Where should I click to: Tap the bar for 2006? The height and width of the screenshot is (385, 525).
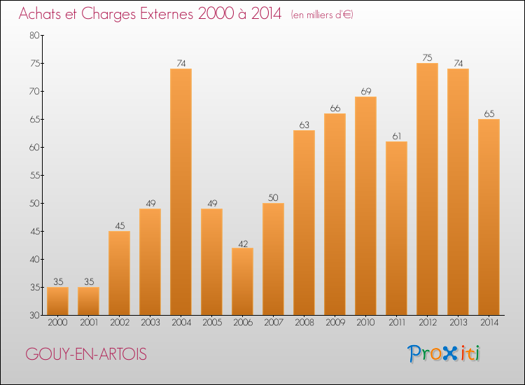click(242, 281)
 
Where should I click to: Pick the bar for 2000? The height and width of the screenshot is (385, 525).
click(57, 301)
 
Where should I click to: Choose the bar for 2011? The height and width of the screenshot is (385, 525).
click(396, 228)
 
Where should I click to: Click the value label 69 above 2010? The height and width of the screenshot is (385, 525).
click(365, 92)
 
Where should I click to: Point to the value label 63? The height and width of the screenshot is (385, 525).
click(304, 125)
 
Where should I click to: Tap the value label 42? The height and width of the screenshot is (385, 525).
click(242, 243)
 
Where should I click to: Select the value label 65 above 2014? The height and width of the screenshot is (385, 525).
click(489, 114)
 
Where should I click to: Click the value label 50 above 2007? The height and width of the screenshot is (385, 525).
click(273, 198)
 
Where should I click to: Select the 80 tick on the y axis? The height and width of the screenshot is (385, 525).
click(34, 35)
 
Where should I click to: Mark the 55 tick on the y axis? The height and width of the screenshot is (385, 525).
click(34, 175)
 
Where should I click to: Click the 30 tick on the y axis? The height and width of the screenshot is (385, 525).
click(34, 315)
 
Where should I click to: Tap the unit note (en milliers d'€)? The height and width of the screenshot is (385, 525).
click(322, 15)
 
